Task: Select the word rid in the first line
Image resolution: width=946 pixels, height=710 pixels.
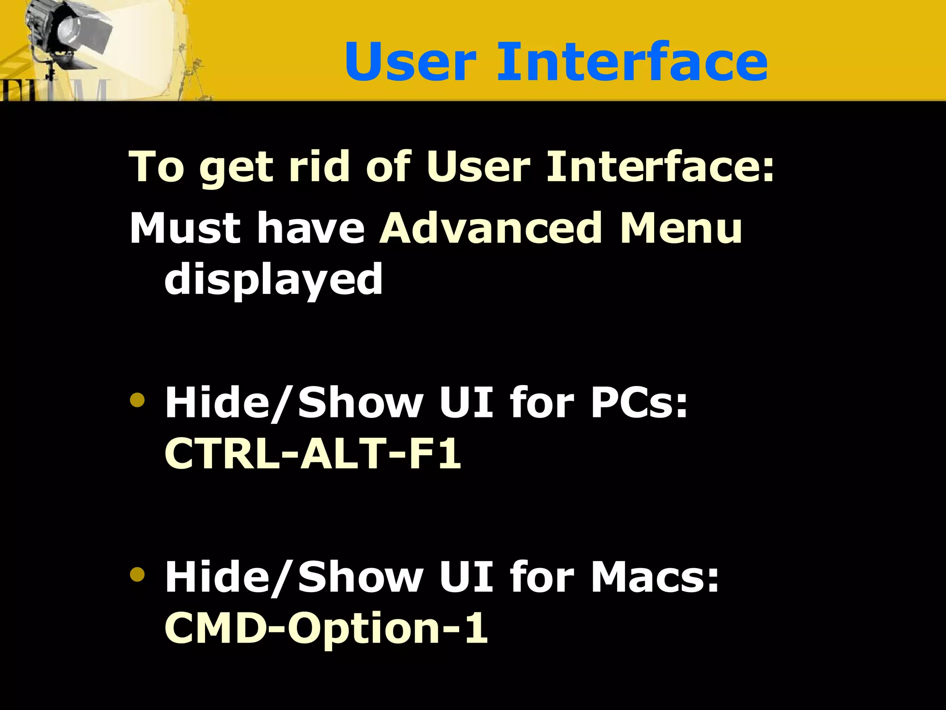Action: [318, 167]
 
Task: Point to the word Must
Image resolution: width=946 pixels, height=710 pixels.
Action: [185, 228]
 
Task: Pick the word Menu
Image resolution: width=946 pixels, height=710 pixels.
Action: [681, 228]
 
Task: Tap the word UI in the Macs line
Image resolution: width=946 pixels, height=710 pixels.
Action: [467, 577]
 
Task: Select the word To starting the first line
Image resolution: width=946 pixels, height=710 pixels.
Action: [157, 167]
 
